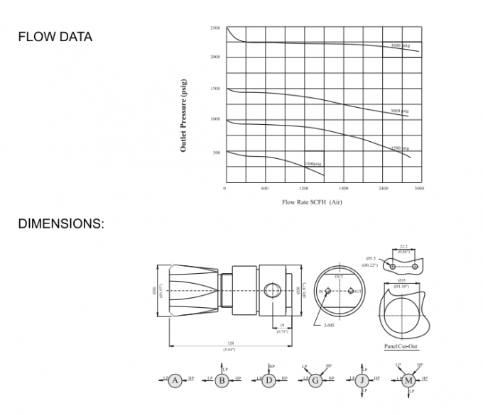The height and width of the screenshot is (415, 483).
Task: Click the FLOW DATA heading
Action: click(55, 37)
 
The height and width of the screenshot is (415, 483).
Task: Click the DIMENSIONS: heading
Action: click(60, 223)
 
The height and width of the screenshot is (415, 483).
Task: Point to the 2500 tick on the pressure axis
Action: click(215, 28)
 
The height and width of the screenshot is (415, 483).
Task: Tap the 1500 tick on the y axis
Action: click(215, 89)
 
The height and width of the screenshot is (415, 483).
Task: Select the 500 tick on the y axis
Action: click(216, 152)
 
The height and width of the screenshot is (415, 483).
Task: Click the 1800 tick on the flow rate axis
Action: click(344, 189)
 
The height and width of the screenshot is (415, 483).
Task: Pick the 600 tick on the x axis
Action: click(264, 189)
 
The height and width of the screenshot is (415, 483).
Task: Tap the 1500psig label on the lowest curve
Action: click(313, 164)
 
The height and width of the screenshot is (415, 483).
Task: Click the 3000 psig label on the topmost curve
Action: click(401, 45)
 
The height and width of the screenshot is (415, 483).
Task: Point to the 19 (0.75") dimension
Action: click(282, 327)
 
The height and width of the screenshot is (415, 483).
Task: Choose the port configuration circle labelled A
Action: click(175, 380)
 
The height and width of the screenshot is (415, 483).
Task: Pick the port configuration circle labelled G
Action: click(314, 380)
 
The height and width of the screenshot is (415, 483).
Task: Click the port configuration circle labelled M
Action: click(408, 380)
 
